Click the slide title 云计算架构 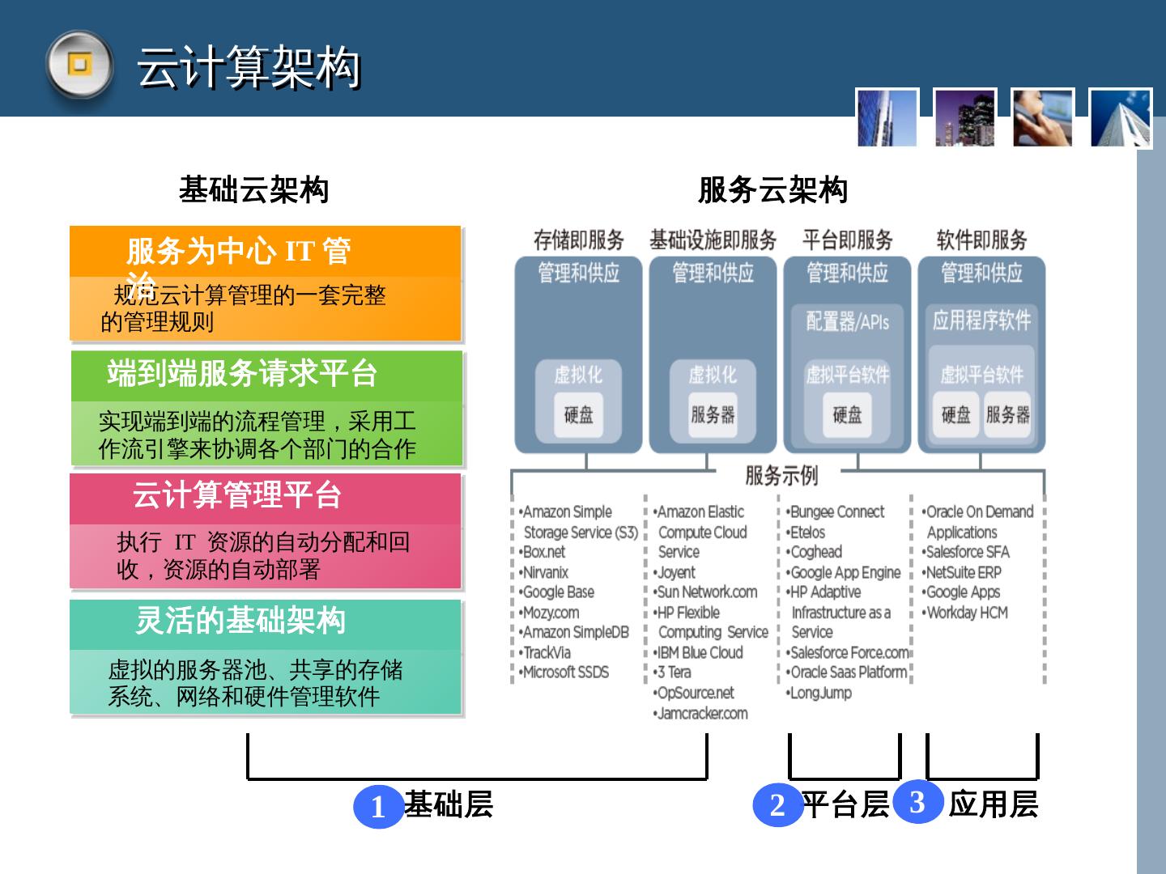(249, 67)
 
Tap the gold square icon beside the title (79, 65)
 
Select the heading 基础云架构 (253, 190)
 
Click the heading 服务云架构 (772, 190)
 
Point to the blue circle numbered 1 (378, 807)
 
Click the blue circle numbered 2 (777, 805)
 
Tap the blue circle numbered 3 (917, 801)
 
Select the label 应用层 (994, 804)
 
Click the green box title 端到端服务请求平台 (243, 374)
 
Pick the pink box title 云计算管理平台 (237, 495)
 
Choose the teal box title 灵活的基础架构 (240, 621)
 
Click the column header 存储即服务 (578, 240)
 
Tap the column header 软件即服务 (981, 240)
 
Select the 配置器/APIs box (847, 321)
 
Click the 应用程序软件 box (981, 320)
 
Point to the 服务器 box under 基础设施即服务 (713, 415)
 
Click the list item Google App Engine (845, 572)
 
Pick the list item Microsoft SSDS (565, 672)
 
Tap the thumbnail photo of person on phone (1043, 118)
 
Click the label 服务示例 (781, 476)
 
